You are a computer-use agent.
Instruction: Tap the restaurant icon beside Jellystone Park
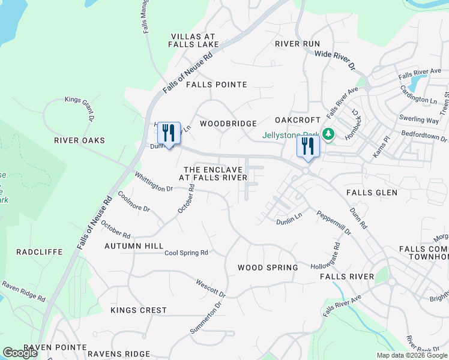(x=308, y=148)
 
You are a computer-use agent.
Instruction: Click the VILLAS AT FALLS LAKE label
(x=193, y=40)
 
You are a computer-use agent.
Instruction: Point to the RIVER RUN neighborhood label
(x=297, y=44)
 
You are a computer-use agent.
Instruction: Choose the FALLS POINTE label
(x=216, y=85)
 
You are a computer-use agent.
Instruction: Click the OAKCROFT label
(x=298, y=121)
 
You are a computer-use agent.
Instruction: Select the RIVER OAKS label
(x=79, y=140)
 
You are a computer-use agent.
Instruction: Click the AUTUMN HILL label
(x=134, y=246)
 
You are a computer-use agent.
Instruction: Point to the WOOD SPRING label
(x=268, y=268)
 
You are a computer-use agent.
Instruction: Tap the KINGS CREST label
(x=139, y=310)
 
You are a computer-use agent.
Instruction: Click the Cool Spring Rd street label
(x=186, y=253)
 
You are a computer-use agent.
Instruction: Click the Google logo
(x=20, y=353)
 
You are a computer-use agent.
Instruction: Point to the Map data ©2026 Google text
(x=412, y=355)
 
